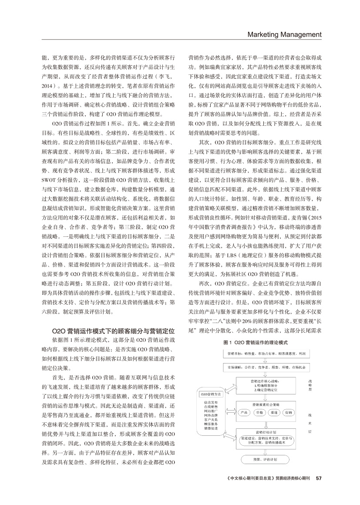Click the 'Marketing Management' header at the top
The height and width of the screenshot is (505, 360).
pos(284,34)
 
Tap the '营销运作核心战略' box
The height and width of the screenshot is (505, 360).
pos(266,385)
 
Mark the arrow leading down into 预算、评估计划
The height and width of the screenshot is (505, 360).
pos(266,452)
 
